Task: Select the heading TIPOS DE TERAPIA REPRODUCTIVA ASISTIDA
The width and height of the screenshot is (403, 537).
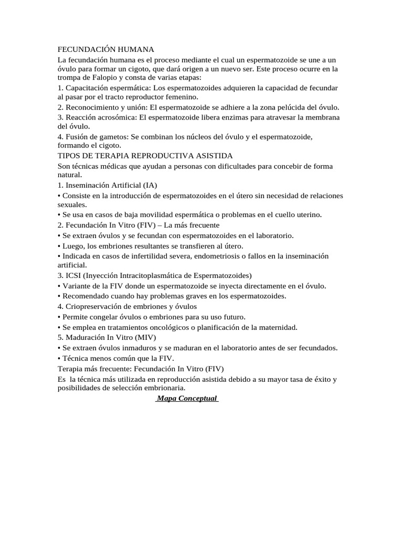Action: point(145,156)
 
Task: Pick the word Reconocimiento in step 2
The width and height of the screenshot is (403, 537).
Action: point(92,107)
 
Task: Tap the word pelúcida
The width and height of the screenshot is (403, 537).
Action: point(298,107)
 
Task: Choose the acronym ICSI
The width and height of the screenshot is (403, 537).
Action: point(73,275)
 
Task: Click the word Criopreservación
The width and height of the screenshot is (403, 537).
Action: point(97,307)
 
